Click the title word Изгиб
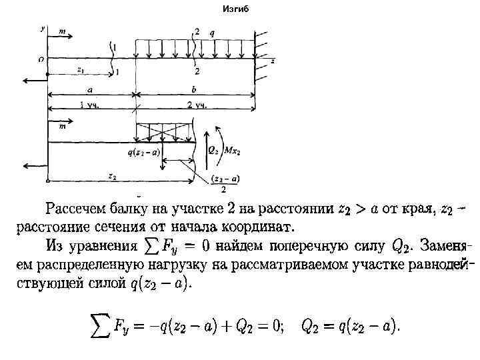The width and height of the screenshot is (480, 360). pos(234,9)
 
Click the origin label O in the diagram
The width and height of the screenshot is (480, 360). pos(42,59)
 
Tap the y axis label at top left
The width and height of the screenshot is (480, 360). pos(42,29)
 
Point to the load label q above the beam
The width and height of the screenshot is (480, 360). pos(212,32)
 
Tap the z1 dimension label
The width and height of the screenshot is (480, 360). pos(81,69)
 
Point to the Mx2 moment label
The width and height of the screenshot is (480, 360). pos(231,151)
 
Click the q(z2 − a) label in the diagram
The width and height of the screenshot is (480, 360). pos(143,152)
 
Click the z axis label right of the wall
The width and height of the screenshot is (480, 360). pos(273,61)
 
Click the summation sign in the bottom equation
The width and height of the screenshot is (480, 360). pos(101,325)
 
